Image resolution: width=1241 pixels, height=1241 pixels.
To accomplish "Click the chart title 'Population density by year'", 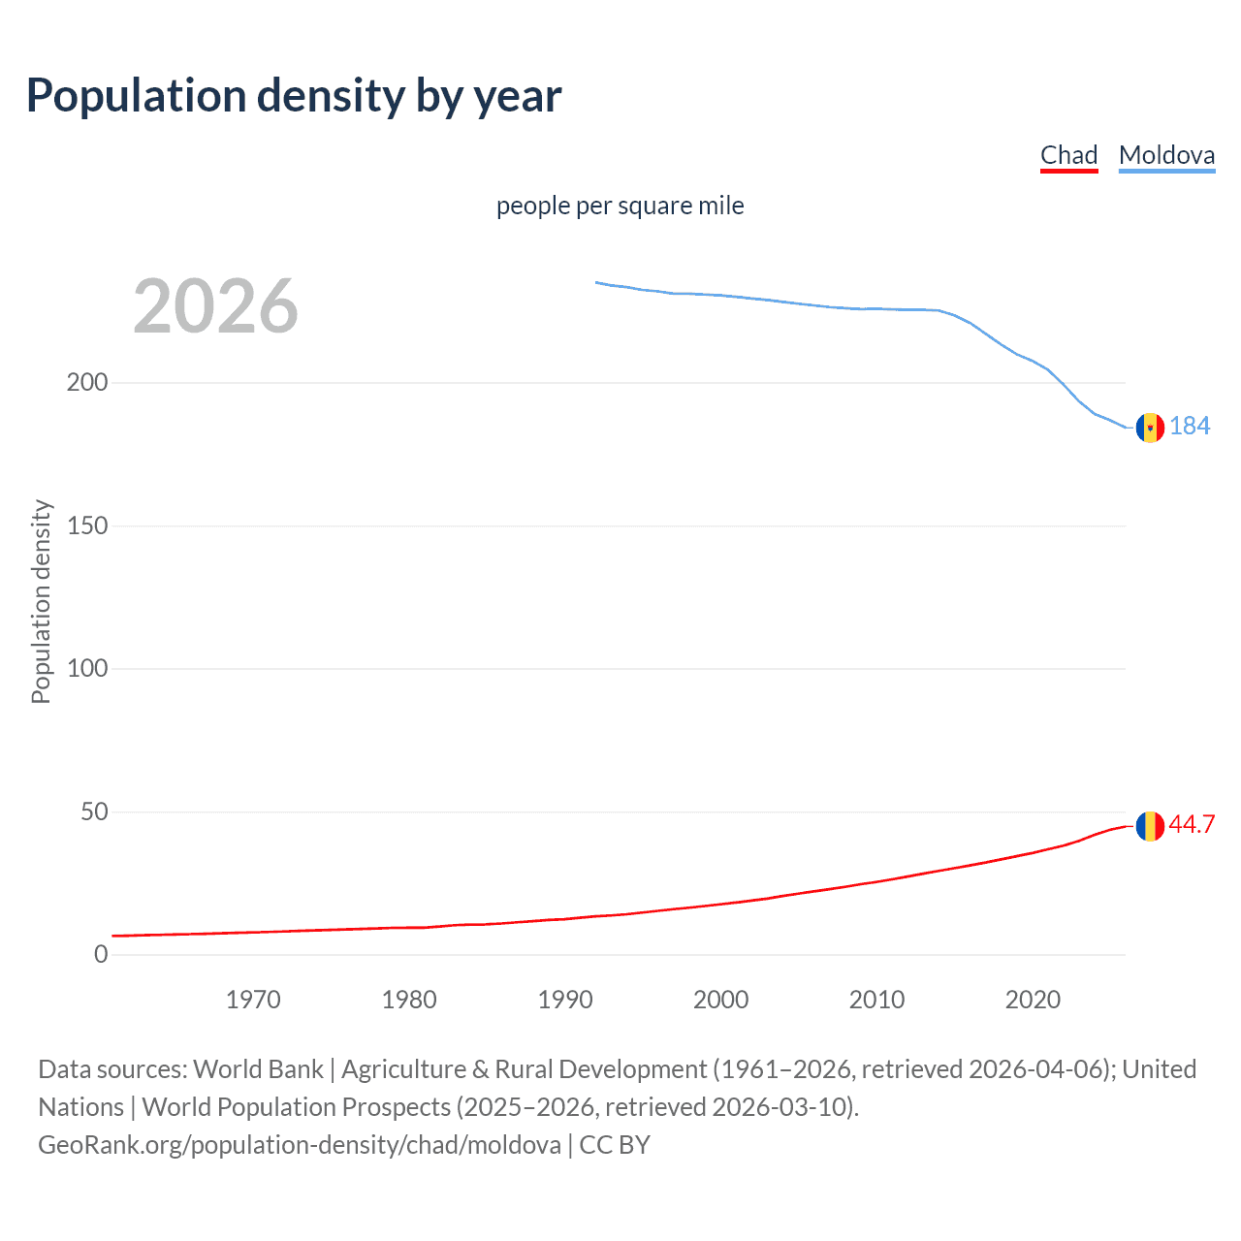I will coord(294,96).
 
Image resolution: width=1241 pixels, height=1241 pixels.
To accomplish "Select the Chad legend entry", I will coord(1068,155).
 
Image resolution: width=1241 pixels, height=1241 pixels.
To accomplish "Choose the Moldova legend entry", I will coord(1166,155).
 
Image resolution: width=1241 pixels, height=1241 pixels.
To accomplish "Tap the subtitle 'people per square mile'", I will coord(620,206).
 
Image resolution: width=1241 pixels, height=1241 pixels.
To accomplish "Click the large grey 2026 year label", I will coord(215,306).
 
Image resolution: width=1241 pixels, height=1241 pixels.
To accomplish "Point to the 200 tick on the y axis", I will coord(87,382).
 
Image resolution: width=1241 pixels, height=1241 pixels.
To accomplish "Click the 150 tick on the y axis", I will coord(87,525).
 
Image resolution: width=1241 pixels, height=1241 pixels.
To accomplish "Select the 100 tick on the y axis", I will coord(87,668).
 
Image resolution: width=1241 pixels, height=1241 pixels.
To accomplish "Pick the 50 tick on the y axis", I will coord(93,811).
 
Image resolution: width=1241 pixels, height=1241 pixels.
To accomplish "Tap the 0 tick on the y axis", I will coord(101,954).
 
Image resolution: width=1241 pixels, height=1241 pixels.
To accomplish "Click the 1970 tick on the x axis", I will coord(253,1000).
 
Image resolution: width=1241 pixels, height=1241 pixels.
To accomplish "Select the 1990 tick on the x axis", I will coord(565,1000).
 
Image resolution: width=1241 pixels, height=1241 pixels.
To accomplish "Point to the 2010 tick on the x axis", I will coord(876,1000).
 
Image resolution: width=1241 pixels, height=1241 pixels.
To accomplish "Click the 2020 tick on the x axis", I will coord(1033,1000).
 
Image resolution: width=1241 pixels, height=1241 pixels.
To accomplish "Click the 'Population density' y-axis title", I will coord(41,601).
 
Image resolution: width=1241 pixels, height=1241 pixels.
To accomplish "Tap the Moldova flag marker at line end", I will coord(1150,427).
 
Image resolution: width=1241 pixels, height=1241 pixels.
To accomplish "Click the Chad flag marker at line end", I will coord(1150,826).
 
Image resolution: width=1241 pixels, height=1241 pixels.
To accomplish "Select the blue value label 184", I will coord(1190,426).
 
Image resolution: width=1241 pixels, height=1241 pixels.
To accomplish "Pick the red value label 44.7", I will coord(1192,824).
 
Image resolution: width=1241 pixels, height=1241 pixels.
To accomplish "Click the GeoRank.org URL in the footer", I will coord(299,1145).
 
